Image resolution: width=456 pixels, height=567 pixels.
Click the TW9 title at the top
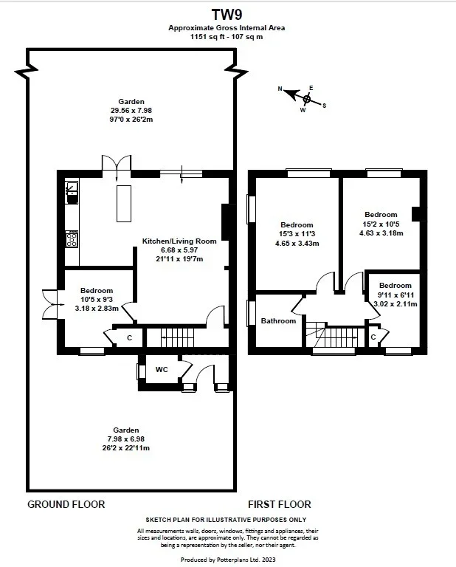(227, 15)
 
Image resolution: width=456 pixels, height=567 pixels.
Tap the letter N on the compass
(280, 89)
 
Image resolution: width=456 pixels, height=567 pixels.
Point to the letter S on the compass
(324, 106)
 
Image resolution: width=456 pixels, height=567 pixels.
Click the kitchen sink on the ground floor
(72, 193)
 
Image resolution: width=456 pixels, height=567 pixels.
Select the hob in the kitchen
(72, 239)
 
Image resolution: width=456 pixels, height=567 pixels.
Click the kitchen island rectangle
(123, 203)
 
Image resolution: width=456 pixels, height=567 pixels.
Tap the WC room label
(162, 370)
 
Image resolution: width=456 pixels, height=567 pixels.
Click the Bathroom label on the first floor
(278, 320)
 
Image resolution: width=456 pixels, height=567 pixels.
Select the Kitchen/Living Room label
(179, 241)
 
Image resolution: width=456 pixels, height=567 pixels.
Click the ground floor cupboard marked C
(129, 338)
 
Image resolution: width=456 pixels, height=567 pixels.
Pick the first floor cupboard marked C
(373, 337)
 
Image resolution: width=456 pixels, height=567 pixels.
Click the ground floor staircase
(177, 338)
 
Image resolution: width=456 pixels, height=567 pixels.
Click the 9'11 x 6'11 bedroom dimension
(395, 295)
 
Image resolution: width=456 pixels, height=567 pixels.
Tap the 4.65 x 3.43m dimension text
(297, 244)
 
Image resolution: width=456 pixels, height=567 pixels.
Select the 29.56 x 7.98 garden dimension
(131, 111)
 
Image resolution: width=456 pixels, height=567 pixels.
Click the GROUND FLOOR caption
(66, 504)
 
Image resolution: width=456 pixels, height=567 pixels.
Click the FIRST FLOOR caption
(280, 504)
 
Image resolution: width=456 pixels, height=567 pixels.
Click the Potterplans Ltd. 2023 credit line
(228, 560)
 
